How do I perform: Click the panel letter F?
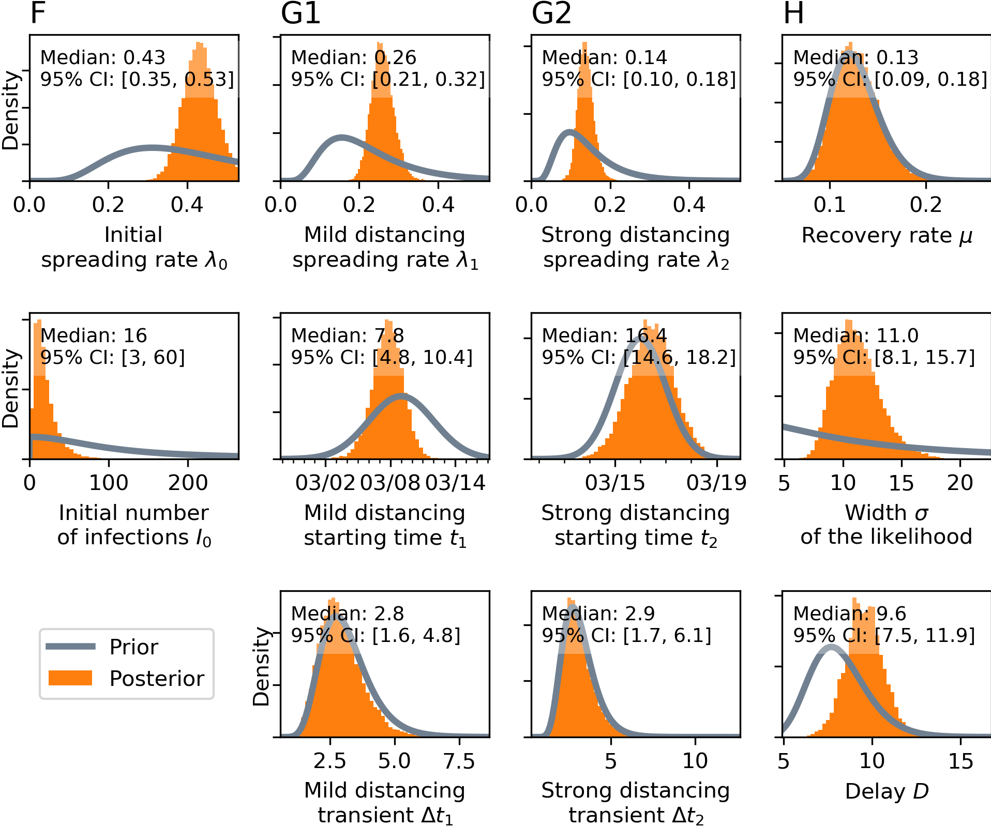[x=38, y=13]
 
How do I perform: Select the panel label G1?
[x=301, y=13]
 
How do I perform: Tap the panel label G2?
[x=551, y=13]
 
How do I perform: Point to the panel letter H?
[x=793, y=13]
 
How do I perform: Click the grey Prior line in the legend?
[x=71, y=646]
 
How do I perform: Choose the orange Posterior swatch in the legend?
[x=70, y=678]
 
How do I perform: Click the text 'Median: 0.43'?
[x=102, y=57]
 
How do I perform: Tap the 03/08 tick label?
[x=391, y=483]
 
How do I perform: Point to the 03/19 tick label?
[x=716, y=483]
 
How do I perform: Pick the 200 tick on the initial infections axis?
[x=188, y=483]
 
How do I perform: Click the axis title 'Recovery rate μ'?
[x=887, y=236]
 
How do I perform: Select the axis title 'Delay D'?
[x=887, y=791]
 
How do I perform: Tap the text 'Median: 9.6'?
[x=849, y=614]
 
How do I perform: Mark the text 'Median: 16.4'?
[x=604, y=335]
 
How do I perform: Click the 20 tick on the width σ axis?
[x=960, y=483]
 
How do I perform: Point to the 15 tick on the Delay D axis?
[x=960, y=761]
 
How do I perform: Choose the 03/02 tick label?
[x=325, y=483]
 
